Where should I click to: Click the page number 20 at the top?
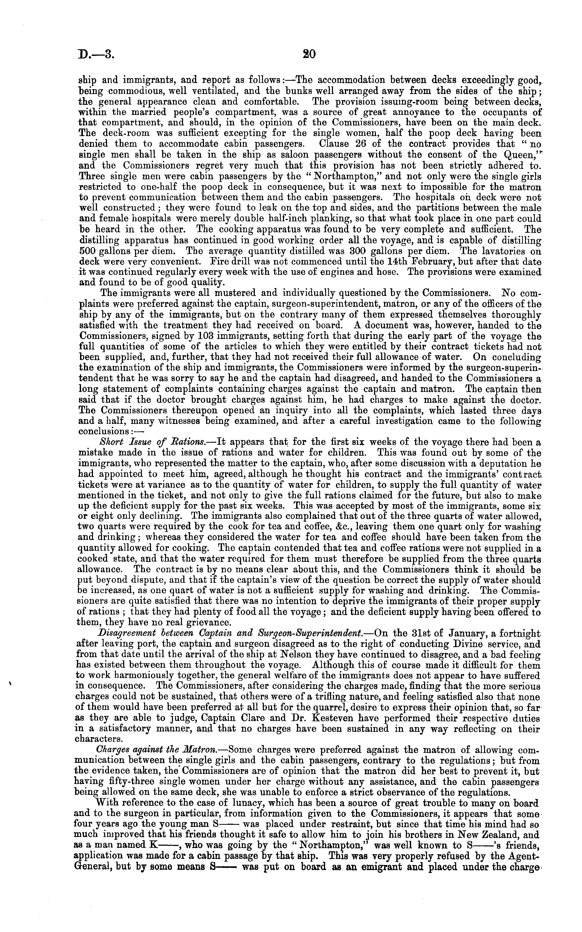click(309, 54)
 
